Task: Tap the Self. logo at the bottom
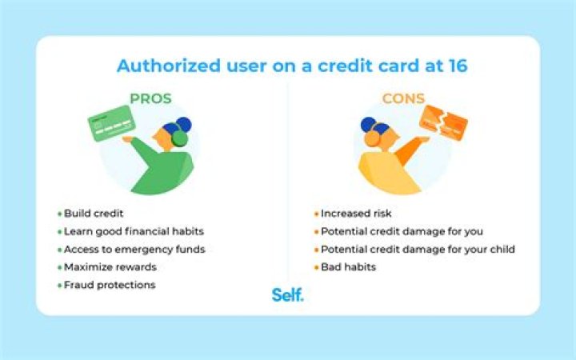(x=287, y=295)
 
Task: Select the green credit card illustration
(x=111, y=123)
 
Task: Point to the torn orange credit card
(x=443, y=124)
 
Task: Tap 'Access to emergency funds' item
(x=134, y=250)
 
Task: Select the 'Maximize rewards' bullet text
(x=110, y=267)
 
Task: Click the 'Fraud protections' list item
(x=110, y=285)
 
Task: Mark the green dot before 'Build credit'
(x=59, y=215)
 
